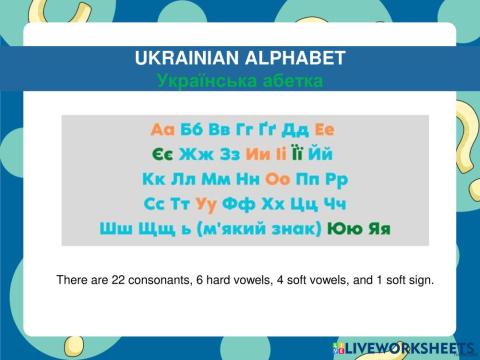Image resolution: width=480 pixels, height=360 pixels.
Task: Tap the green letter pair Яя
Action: tap(378, 229)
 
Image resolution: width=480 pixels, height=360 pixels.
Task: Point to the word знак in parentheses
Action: tap(294, 229)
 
